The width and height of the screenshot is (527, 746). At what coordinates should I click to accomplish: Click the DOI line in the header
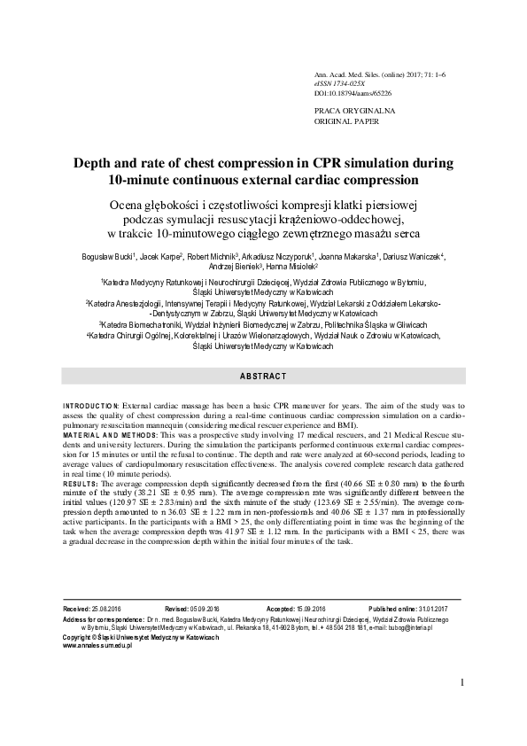pos(353,92)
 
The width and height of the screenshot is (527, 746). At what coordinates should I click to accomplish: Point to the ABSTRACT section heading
pos(262,377)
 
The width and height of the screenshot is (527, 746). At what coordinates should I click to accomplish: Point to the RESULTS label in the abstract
pos(81,485)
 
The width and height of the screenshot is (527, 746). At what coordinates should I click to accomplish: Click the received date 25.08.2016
pos(105,611)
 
